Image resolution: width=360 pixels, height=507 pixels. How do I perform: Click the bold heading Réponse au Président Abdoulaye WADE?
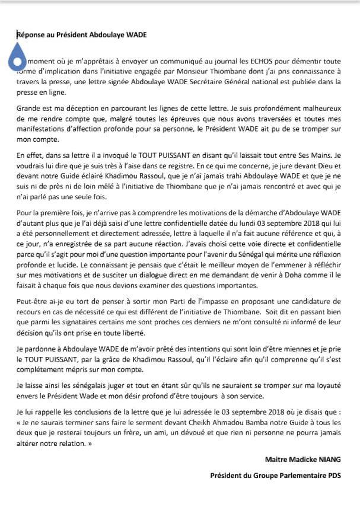(81, 34)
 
